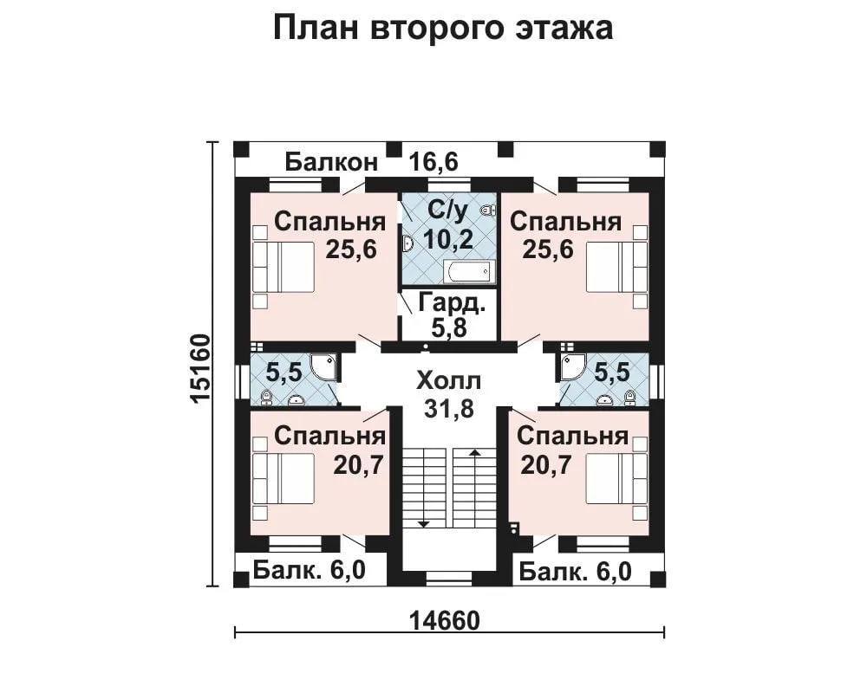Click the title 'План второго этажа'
click(443, 29)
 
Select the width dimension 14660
click(446, 621)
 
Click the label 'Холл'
click(449, 381)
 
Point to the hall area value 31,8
click(449, 408)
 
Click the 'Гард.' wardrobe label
click(453, 302)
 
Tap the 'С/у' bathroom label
click(448, 210)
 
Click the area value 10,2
click(448, 239)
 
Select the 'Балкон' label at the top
click(332, 162)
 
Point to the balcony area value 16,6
click(433, 162)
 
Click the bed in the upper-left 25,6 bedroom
click(284, 267)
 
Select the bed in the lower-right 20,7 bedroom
click(616, 479)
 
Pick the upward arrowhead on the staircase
click(474, 453)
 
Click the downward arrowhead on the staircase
click(424, 524)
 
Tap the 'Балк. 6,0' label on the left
click(310, 570)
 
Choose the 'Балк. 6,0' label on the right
click(575, 572)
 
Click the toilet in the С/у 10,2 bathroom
click(487, 210)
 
